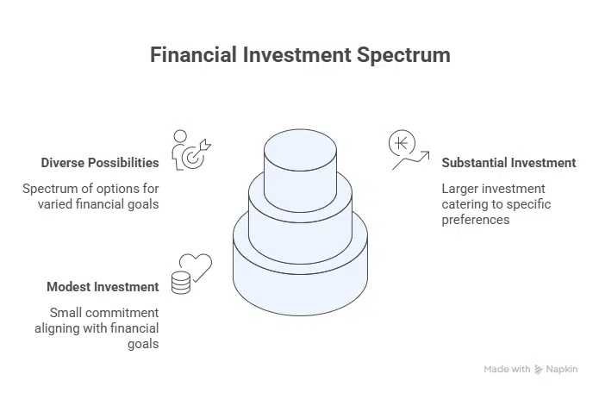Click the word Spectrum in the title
click(403, 56)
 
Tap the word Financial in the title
click(193, 54)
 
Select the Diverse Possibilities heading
click(100, 163)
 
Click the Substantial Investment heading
click(509, 163)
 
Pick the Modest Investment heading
click(103, 287)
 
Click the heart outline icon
click(196, 267)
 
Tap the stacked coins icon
click(181, 283)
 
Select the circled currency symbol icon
click(402, 143)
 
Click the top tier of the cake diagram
click(300, 171)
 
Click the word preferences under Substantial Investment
click(476, 220)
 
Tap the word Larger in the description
click(459, 189)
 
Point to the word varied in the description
click(55, 204)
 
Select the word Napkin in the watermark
click(562, 370)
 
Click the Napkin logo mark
click(539, 370)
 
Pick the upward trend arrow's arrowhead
click(426, 154)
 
